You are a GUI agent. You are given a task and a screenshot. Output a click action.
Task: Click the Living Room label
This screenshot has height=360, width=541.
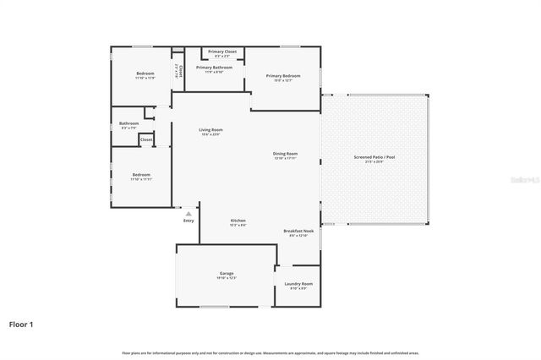coord(210,129)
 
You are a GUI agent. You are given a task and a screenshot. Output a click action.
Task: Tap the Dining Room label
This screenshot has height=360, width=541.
coord(285,153)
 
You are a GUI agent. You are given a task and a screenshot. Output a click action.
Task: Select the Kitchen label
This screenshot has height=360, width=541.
coord(238,220)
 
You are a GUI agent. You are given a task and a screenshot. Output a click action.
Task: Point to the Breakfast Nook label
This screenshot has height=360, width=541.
coord(298,230)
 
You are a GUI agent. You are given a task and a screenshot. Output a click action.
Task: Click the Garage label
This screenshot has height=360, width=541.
coord(227,273)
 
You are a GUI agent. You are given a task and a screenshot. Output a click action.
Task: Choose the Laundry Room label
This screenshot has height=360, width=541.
coord(298,283)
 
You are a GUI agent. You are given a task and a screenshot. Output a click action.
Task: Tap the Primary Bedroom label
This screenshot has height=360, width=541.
coord(283,76)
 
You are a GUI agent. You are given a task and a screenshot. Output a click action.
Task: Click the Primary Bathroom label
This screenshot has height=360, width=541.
coord(214,67)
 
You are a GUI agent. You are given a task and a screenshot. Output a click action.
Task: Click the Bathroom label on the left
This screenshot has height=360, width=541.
coord(128,123)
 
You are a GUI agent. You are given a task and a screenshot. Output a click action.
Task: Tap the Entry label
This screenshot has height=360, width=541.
coord(188,221)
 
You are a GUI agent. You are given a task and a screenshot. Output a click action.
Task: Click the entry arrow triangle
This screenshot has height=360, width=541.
coord(188,214)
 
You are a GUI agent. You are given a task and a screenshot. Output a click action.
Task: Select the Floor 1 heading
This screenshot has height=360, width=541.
coord(22,324)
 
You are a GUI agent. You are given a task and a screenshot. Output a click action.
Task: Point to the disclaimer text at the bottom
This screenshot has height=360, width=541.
coord(270,352)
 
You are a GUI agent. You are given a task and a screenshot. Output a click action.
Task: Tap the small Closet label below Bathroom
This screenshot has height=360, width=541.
coord(146,139)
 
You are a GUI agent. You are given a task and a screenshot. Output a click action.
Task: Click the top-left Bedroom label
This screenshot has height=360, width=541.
coord(145,74)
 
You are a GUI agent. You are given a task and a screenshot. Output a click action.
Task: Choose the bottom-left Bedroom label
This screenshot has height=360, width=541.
coord(141,174)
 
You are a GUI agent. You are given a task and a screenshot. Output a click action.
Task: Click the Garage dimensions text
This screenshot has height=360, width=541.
coord(227,278)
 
